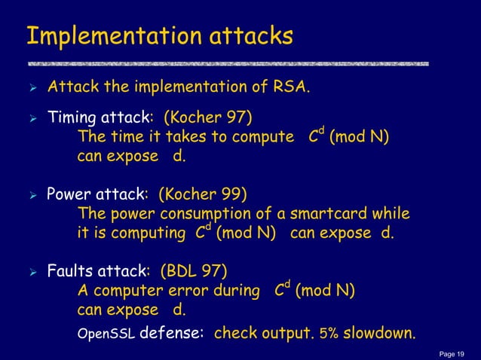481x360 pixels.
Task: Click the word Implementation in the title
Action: (x=101, y=36)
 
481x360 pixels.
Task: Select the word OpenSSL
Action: (x=106, y=334)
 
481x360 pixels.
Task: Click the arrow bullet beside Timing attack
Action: (x=30, y=119)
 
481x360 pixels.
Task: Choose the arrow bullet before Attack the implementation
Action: (x=30, y=90)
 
